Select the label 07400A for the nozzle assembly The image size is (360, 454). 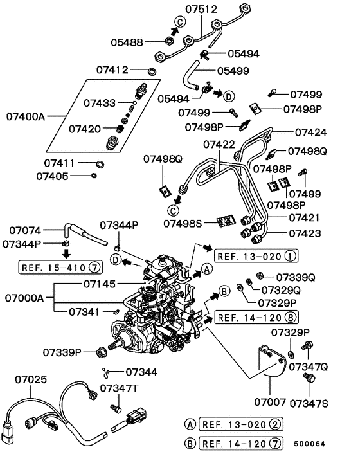tap(26, 116)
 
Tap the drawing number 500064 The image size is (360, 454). tap(326, 444)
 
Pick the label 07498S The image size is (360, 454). tap(183, 223)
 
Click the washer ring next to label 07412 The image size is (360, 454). tap(151, 69)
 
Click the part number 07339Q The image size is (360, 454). tap(296, 277)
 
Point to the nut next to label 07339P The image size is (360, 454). tap(100, 352)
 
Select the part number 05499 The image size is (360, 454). tap(233, 71)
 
